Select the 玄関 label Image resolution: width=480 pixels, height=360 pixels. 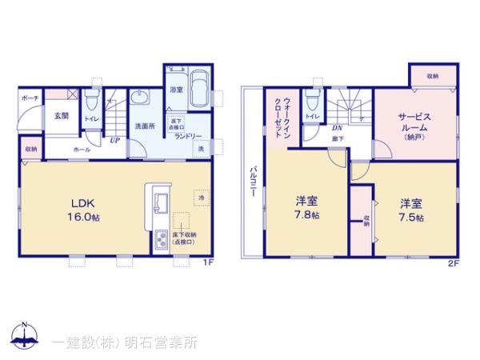(61, 115)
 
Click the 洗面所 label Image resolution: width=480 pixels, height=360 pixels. (144, 126)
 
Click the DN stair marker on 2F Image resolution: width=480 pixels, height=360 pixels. (337, 128)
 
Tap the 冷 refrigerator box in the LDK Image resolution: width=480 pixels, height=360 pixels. (200, 195)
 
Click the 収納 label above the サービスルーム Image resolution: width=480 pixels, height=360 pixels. (432, 76)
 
